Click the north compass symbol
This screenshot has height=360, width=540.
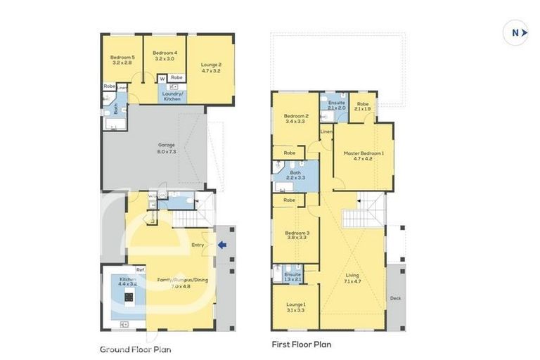point(515,33)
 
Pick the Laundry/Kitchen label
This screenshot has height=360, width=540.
point(172,96)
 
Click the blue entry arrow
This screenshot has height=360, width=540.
point(223,245)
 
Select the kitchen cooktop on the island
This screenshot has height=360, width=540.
point(129,297)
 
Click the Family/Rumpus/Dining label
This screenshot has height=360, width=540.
point(182,283)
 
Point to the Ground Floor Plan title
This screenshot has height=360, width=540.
point(135,349)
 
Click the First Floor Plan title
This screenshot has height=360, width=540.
point(302,345)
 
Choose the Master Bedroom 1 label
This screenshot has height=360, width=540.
point(363,155)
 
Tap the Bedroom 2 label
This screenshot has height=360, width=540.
point(296,118)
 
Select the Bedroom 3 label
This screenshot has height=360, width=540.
point(297,235)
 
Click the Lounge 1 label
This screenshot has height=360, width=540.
point(295,306)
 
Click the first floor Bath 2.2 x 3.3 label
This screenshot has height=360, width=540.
point(295,174)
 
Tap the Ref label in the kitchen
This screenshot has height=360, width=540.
point(139,270)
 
